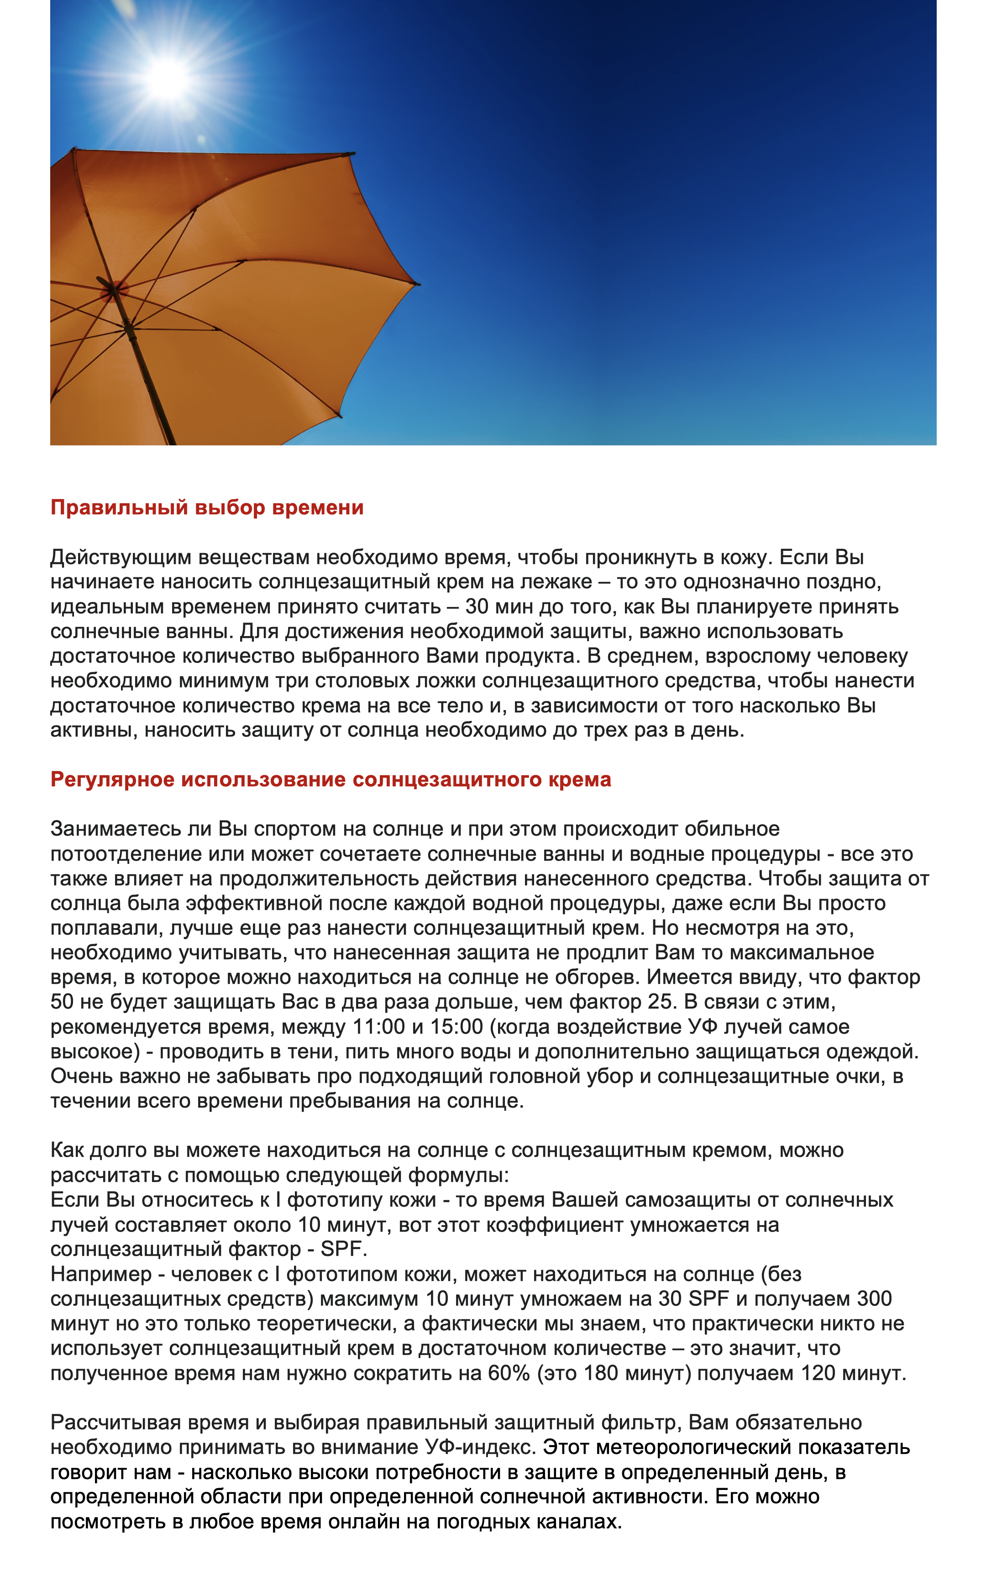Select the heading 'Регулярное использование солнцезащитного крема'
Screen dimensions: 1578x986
pyautogui.click(x=330, y=779)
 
